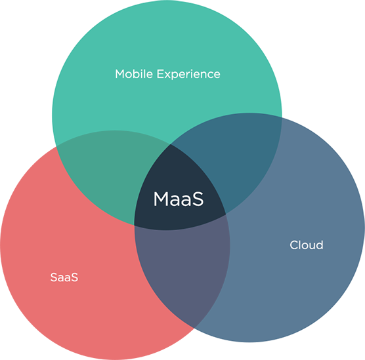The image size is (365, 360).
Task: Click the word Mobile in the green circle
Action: click(134, 74)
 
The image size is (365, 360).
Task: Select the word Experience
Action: click(188, 75)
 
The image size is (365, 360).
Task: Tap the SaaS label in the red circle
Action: click(64, 277)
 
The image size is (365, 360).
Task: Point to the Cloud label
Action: click(307, 245)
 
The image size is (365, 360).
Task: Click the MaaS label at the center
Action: click(179, 199)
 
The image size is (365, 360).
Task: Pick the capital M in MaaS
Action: click(161, 199)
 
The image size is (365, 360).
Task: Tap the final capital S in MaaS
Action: click(198, 199)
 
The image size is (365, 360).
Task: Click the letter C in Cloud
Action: click(295, 245)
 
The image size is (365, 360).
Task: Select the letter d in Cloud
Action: click(319, 245)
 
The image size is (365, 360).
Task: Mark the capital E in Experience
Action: click(160, 74)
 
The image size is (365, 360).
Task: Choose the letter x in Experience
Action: click(169, 75)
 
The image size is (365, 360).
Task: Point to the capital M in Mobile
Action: click(120, 74)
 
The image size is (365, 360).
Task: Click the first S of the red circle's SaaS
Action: click(54, 277)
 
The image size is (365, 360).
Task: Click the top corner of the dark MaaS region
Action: click(171, 144)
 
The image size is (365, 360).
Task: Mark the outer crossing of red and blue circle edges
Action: click(194, 328)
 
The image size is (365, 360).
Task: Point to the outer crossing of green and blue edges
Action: click(282, 117)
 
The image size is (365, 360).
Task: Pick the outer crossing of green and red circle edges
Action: click(56, 146)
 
